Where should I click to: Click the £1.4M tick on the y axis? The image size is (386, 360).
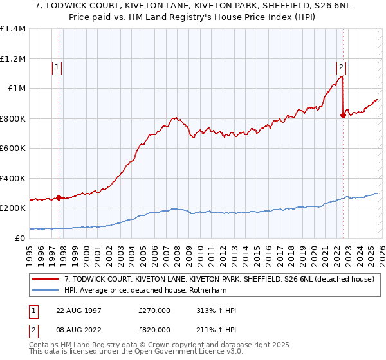click(13, 29)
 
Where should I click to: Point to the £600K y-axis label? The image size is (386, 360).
click(13, 148)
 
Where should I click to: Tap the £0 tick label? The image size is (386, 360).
click(20, 238)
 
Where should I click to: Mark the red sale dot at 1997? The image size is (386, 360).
click(59, 198)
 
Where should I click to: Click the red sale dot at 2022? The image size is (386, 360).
click(342, 116)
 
